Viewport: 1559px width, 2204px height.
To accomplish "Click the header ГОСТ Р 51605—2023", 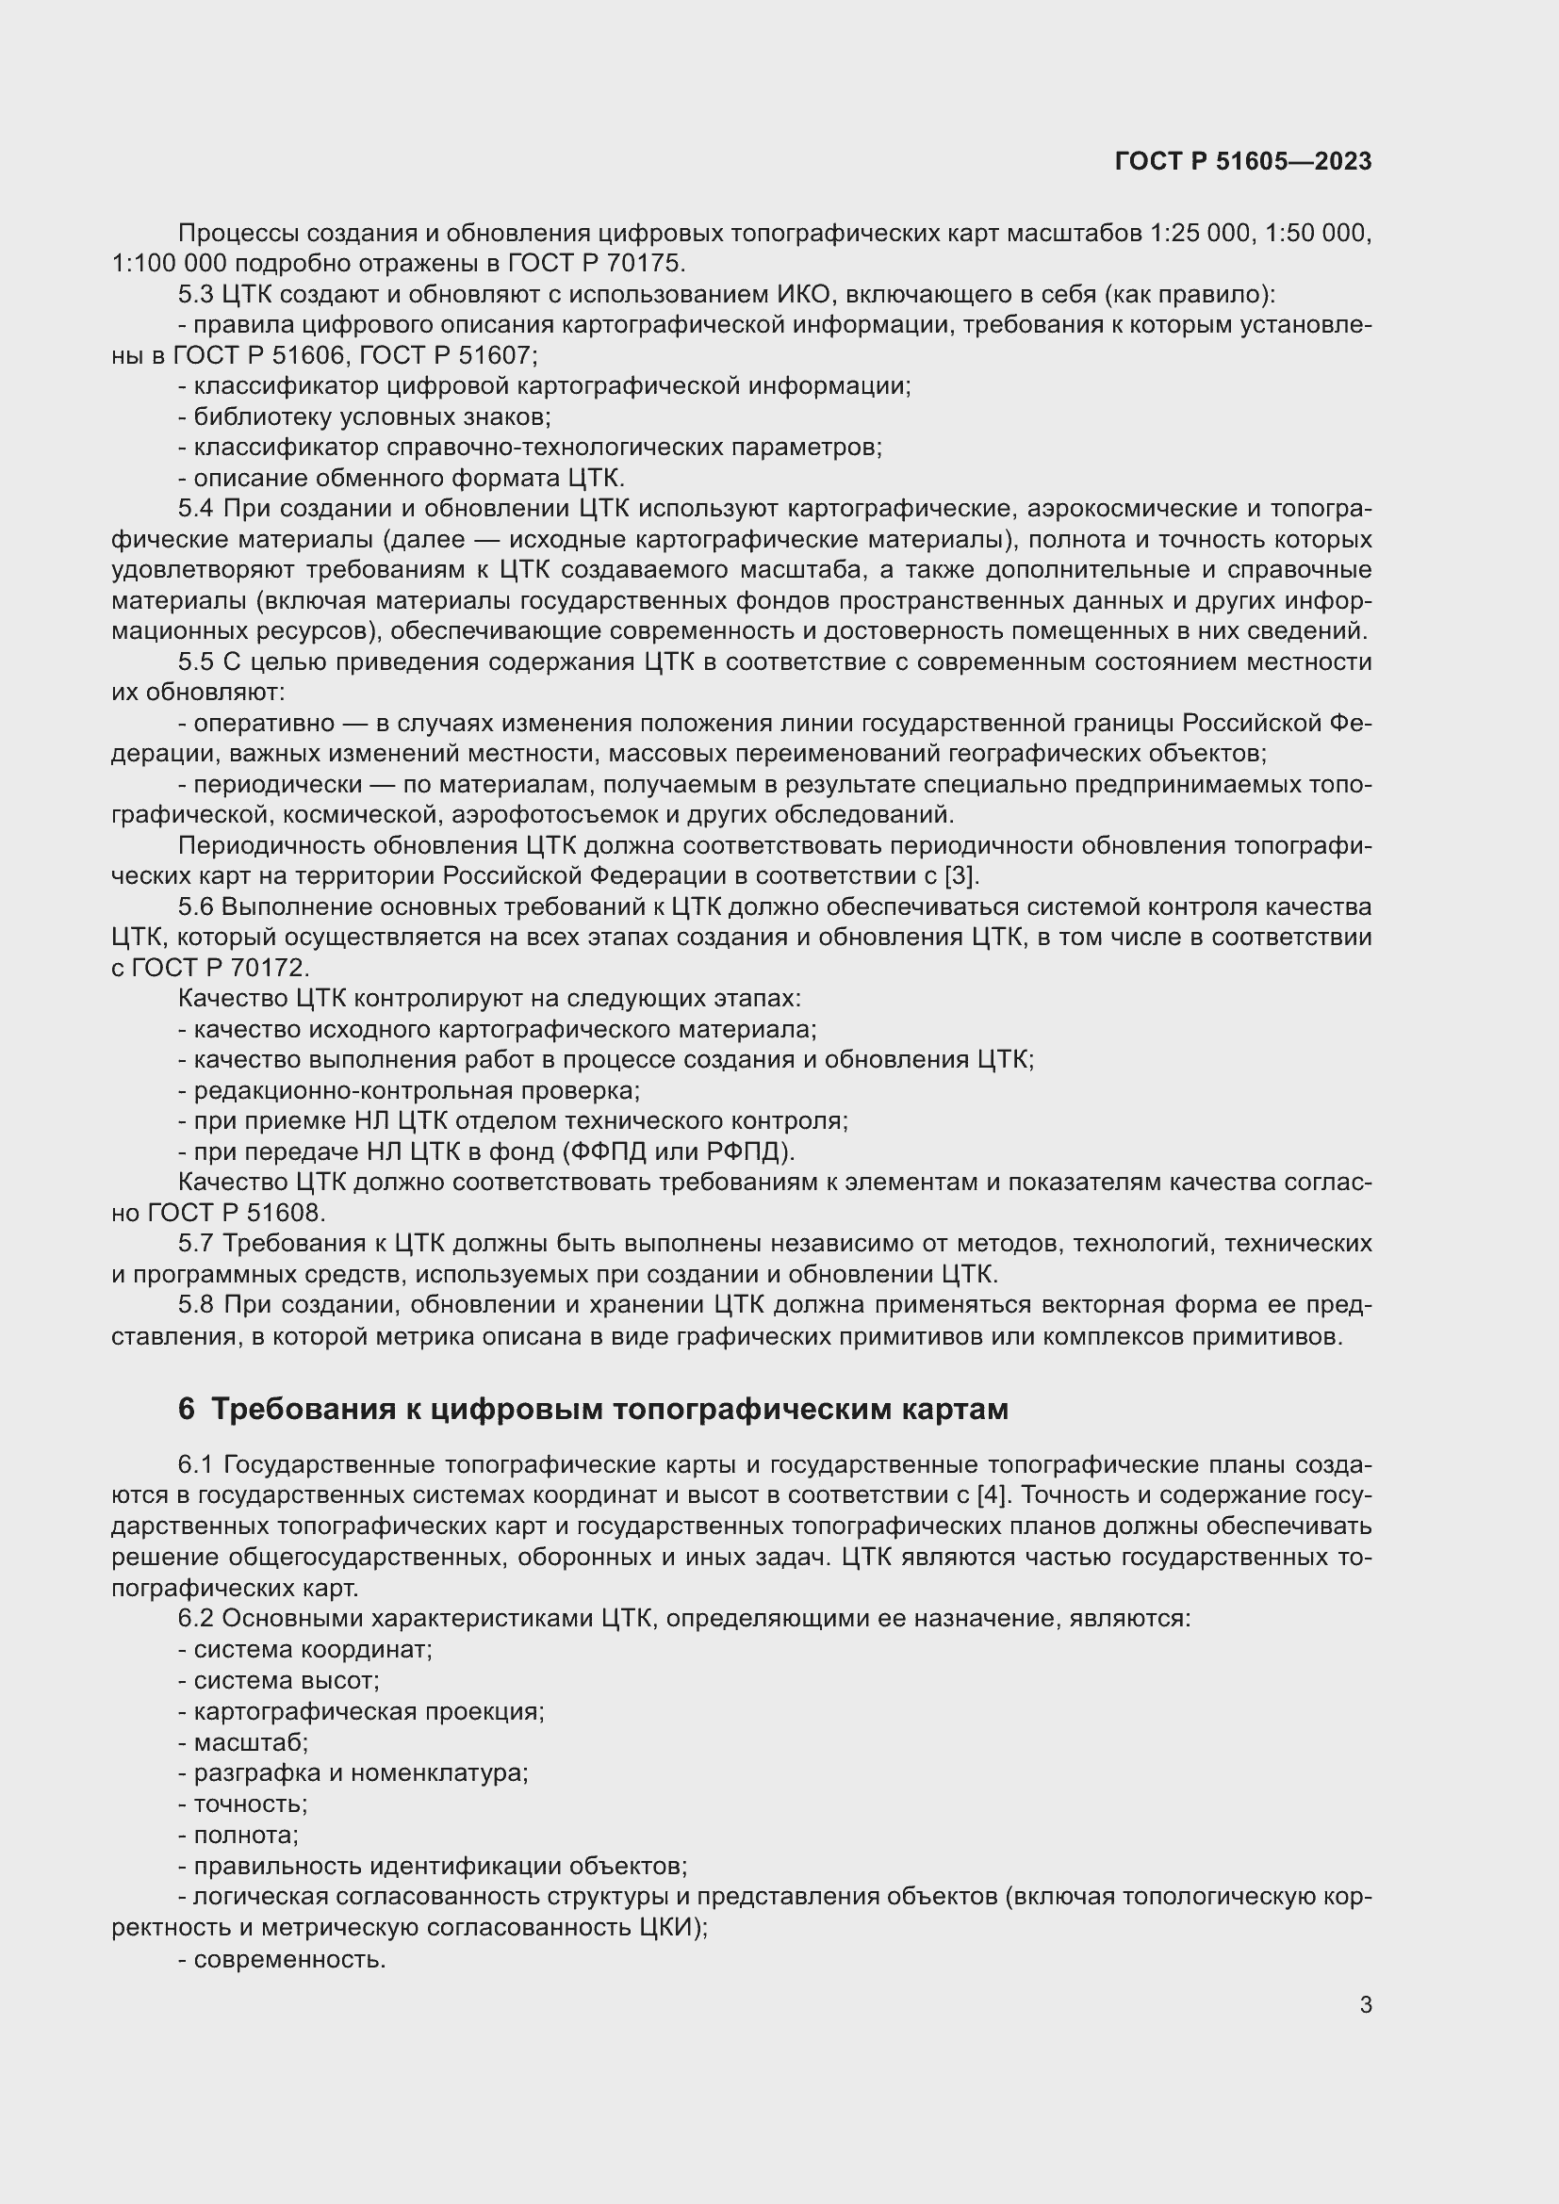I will (1242, 161).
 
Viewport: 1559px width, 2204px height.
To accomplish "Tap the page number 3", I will (1365, 2004).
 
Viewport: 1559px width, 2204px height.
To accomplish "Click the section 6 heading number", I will (187, 1409).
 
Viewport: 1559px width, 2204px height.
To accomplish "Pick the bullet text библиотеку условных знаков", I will (370, 416).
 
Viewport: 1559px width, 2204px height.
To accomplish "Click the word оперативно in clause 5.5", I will (264, 723).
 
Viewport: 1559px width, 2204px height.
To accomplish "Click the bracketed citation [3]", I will (960, 875).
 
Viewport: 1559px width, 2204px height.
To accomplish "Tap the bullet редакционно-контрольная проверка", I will (416, 1090).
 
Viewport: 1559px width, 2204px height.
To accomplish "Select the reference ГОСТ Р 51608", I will (237, 1213).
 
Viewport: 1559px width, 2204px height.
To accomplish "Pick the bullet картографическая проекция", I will (369, 1711).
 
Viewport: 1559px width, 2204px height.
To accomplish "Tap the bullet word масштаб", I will (250, 1742).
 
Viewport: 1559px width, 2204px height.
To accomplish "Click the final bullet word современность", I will (289, 1957).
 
